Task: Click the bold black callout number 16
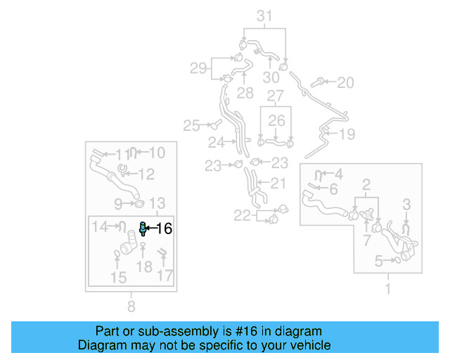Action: pos(164,228)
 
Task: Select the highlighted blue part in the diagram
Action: pos(143,227)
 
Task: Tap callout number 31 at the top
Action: pos(264,15)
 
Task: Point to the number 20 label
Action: pos(345,83)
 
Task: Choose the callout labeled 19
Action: pos(347,134)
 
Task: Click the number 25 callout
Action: pos(191,126)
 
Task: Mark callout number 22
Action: pos(242,216)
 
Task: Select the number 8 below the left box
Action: pos(131,306)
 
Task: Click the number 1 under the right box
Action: pos(387,288)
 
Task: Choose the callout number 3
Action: pos(406,204)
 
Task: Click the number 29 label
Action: pos(198,68)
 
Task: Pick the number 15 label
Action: pos(118,278)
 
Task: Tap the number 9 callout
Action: pos(119,204)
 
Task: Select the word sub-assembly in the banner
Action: pos(155,331)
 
